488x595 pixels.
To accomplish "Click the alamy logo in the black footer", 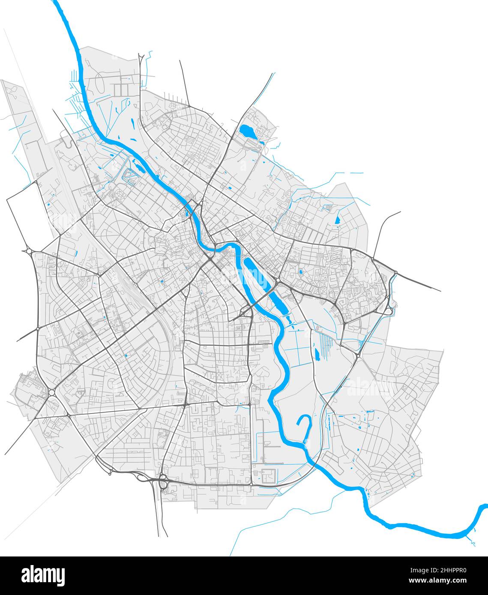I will click(x=43, y=575).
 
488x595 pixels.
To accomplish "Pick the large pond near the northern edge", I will click(x=247, y=131).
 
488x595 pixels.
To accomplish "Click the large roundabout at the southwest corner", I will click(x=52, y=392).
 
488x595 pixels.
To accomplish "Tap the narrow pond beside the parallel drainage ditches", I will click(x=317, y=354).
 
